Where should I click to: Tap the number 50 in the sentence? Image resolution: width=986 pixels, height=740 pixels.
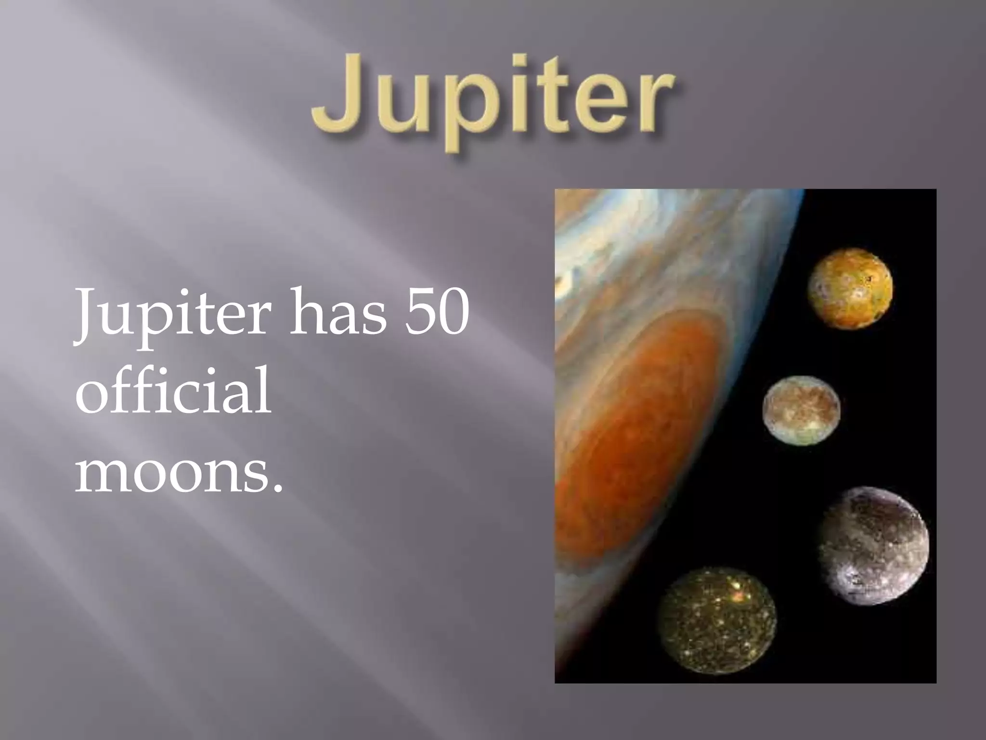click(x=436, y=312)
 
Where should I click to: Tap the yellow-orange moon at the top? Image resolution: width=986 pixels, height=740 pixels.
click(x=850, y=288)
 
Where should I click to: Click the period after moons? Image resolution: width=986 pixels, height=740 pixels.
click(x=276, y=489)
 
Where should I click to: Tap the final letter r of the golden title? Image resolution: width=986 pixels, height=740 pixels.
click(x=655, y=104)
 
